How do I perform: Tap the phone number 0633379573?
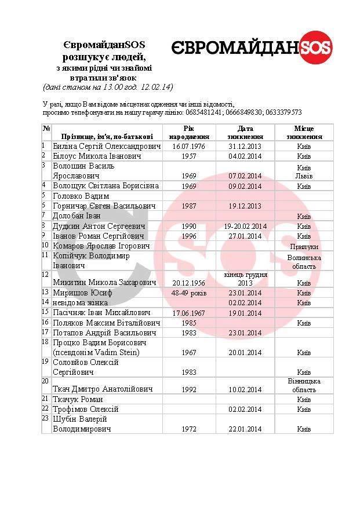coord(281,112)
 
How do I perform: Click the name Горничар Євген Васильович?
coord(104,206)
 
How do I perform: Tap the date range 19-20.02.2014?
coord(245,226)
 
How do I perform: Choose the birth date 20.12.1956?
coord(189,283)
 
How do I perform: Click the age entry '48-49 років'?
coord(189,293)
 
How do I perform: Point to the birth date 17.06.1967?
coord(189,313)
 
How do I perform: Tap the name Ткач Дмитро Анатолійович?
coord(104,389)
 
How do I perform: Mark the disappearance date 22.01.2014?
coord(245,429)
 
